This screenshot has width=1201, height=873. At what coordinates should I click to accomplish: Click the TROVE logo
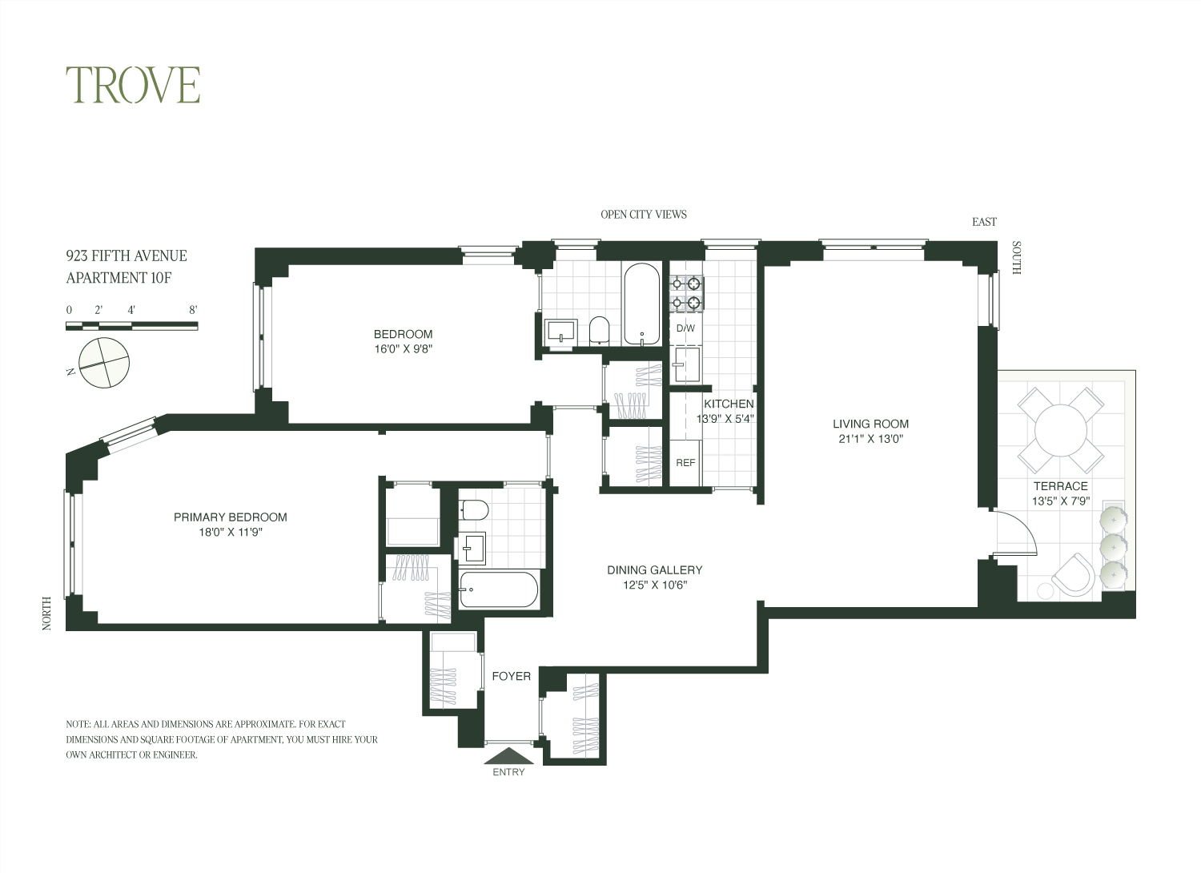133,85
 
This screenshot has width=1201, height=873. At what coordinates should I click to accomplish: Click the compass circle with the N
104,363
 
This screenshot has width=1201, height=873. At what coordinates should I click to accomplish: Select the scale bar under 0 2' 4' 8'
132,326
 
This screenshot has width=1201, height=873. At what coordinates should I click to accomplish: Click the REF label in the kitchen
685,463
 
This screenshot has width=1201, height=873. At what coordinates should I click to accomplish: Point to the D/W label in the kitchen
685,328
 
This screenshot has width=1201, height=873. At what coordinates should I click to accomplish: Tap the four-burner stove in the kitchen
686,294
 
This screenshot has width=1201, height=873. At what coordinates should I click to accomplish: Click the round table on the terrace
1061,431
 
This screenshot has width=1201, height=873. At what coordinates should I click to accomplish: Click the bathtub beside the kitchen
642,304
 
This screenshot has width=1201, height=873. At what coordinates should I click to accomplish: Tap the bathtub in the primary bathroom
499,589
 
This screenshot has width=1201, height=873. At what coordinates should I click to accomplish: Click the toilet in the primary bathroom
474,510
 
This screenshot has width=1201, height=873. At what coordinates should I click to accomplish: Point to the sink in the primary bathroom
472,548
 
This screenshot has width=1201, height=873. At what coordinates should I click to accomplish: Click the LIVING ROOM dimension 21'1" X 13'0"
871,439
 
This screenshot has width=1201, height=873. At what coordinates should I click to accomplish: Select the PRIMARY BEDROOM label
230,517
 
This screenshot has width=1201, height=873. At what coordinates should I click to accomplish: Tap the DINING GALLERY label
655,570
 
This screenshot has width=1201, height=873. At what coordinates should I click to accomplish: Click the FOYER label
511,676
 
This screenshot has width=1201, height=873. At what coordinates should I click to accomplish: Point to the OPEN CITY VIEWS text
644,215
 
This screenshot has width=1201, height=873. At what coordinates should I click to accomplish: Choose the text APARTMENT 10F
118,278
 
